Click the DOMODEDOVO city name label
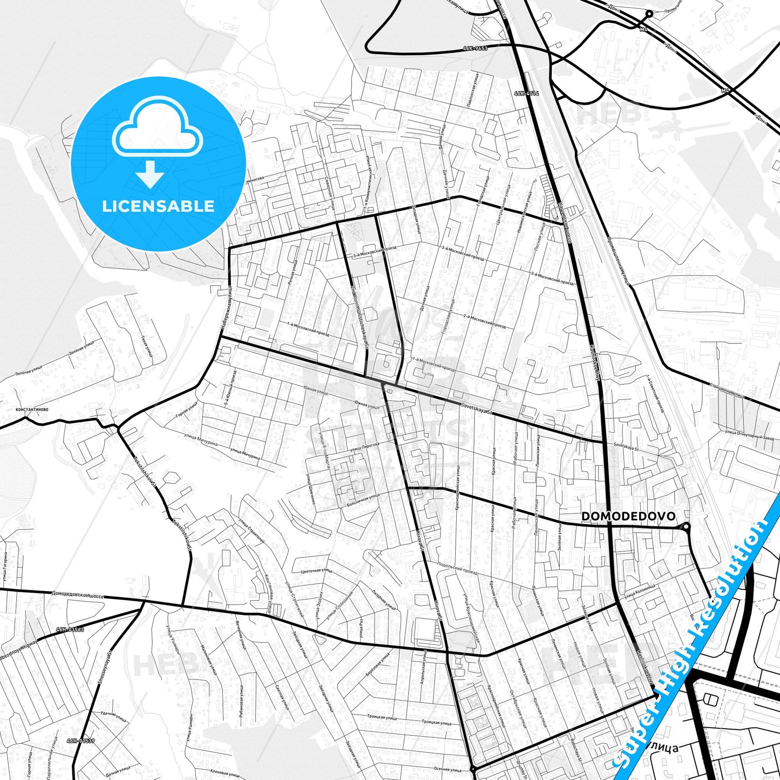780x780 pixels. pos(628,517)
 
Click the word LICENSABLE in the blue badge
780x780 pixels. pos(158,206)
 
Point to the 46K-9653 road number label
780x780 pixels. pos(475,49)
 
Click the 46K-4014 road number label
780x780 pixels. pos(526,93)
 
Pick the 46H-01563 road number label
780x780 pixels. pos(70,630)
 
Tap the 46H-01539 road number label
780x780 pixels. pos(81,741)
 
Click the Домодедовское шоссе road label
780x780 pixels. pos(78,594)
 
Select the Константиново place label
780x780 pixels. pos(32,409)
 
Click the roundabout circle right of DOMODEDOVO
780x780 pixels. pos(686,526)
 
